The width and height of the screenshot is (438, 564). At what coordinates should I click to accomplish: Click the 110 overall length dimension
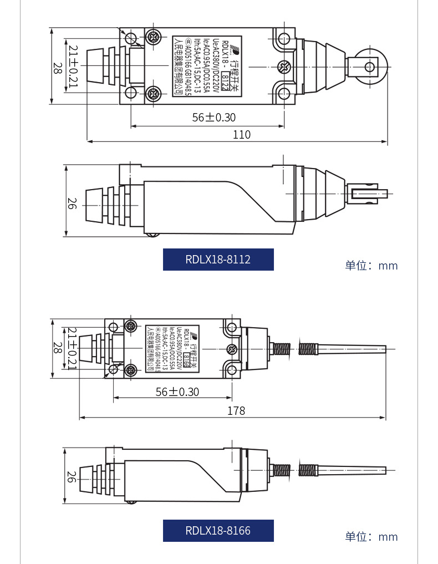click(241, 135)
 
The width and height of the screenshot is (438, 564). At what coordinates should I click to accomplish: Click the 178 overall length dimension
click(236, 410)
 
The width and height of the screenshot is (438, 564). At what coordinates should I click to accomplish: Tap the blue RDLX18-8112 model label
click(218, 260)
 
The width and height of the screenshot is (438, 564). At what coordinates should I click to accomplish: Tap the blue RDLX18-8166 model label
click(218, 531)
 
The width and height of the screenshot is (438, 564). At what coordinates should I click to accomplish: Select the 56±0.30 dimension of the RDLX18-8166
click(177, 392)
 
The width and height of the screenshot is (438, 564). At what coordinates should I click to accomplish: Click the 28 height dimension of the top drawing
click(57, 68)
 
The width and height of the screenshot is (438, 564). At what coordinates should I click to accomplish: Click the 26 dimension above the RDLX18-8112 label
click(72, 203)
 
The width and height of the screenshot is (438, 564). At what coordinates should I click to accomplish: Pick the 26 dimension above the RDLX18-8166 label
click(72, 476)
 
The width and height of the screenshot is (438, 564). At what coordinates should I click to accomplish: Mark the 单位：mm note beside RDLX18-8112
click(371, 266)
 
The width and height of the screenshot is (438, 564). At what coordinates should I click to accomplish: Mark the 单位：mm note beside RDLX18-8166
click(371, 537)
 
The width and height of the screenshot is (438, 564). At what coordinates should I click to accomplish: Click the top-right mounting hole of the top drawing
click(283, 39)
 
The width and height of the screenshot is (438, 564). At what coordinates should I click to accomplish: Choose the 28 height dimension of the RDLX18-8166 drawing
click(57, 348)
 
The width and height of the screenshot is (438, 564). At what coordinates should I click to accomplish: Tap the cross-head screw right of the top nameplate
click(283, 67)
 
